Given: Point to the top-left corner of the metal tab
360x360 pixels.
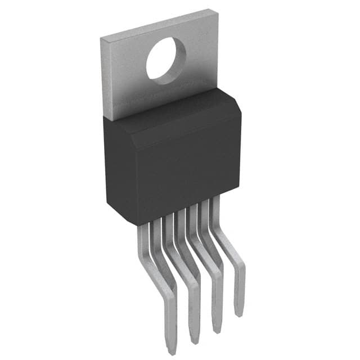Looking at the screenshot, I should click(x=101, y=37).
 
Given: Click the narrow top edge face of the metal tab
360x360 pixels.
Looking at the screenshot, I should click(x=157, y=22).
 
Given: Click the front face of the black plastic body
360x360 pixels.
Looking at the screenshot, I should click(x=169, y=174).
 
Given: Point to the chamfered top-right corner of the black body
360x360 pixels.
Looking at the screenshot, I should click(x=235, y=101).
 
